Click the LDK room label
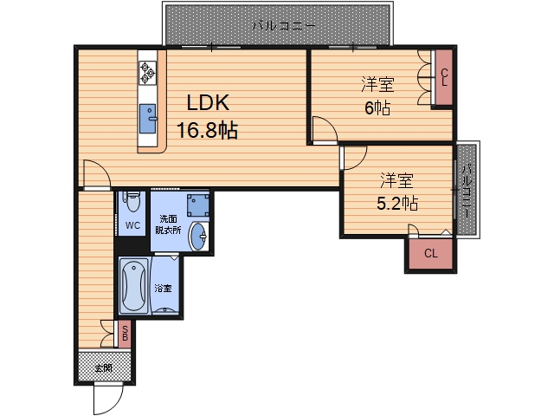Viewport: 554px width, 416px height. coord(208,103)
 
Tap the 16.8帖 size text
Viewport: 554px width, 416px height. coord(207,130)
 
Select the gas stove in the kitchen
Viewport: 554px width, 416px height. coord(147,73)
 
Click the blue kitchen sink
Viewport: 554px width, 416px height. coord(148,119)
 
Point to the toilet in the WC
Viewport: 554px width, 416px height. coord(132,201)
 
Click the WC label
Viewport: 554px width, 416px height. coord(132,225)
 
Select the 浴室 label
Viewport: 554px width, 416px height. coord(164,289)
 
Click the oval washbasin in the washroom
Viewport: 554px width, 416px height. coord(198,237)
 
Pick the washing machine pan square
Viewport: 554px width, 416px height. coord(198,205)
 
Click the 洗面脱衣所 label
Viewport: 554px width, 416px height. coord(168,224)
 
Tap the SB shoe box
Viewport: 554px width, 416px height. coord(125,334)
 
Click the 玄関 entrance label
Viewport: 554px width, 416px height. coord(104,368)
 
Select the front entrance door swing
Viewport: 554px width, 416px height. coord(108,399)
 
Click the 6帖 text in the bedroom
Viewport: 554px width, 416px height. coord(377,107)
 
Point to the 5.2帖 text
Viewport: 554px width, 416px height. coord(397,204)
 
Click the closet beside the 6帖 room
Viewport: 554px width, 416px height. coord(444,77)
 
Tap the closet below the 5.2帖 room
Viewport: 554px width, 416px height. coord(431,253)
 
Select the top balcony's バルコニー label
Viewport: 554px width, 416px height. coord(284,25)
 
